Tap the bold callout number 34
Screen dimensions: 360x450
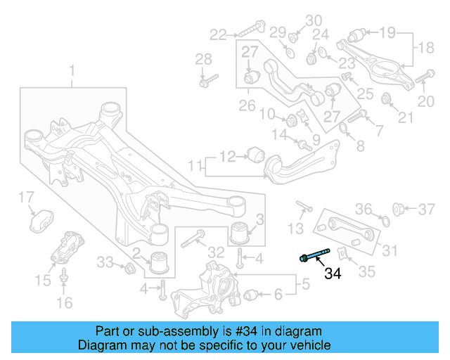click(332, 273)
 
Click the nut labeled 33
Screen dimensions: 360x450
click(129, 269)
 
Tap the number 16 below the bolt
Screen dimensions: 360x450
click(64, 303)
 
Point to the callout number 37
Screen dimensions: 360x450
click(427, 208)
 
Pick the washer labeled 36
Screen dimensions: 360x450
click(384, 222)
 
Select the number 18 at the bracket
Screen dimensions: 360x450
click(427, 47)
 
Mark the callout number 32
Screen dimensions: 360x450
click(217, 252)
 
